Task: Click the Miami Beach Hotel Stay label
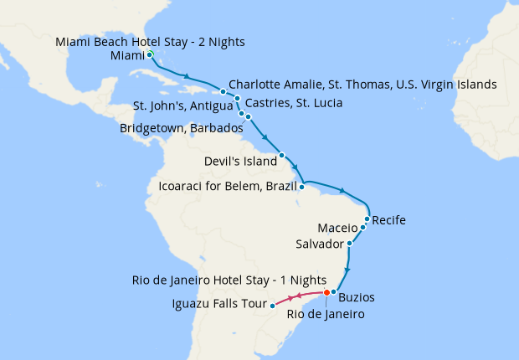(151, 42)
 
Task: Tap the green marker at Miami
(149, 54)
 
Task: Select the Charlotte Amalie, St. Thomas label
(362, 85)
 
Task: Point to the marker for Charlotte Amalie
(223, 90)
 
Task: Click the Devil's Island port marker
(282, 155)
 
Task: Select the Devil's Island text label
(239, 160)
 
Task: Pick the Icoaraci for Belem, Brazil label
(228, 185)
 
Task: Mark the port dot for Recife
(367, 219)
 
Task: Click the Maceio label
(338, 228)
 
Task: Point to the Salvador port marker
(349, 244)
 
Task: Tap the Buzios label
(357, 297)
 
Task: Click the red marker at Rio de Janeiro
(326, 292)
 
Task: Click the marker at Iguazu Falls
(273, 306)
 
